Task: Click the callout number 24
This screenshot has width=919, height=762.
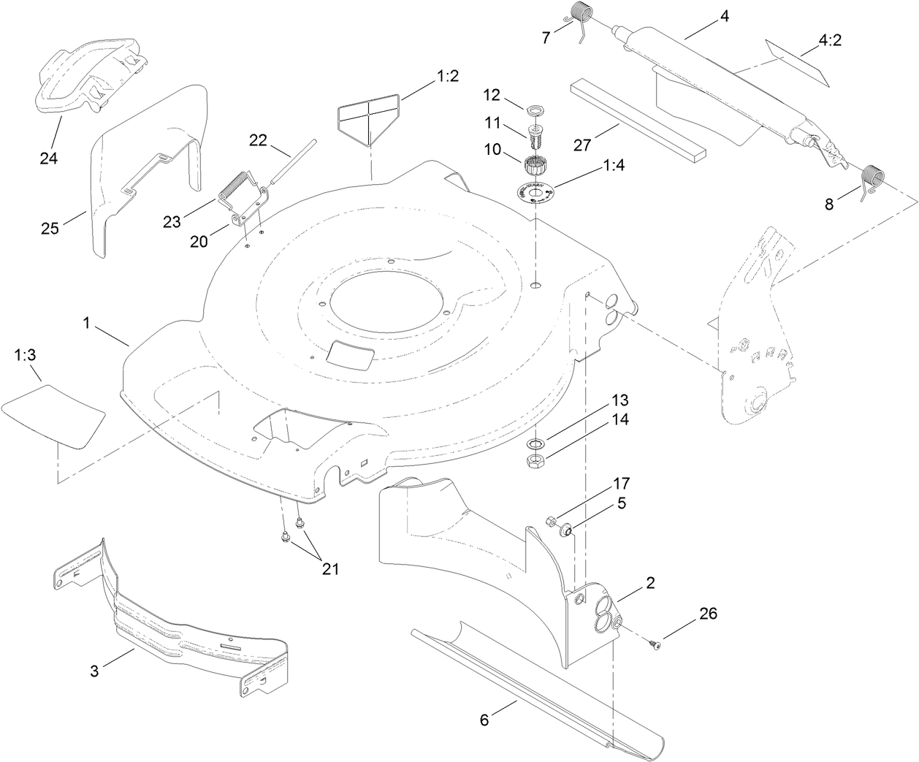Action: pyautogui.click(x=49, y=137)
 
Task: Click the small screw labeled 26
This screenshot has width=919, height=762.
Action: pyautogui.click(x=654, y=642)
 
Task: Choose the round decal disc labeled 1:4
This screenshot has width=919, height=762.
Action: pyautogui.click(x=535, y=194)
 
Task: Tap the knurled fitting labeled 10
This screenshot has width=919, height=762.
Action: pyautogui.click(x=535, y=156)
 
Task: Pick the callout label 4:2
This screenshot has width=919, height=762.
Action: pyautogui.click(x=830, y=41)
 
